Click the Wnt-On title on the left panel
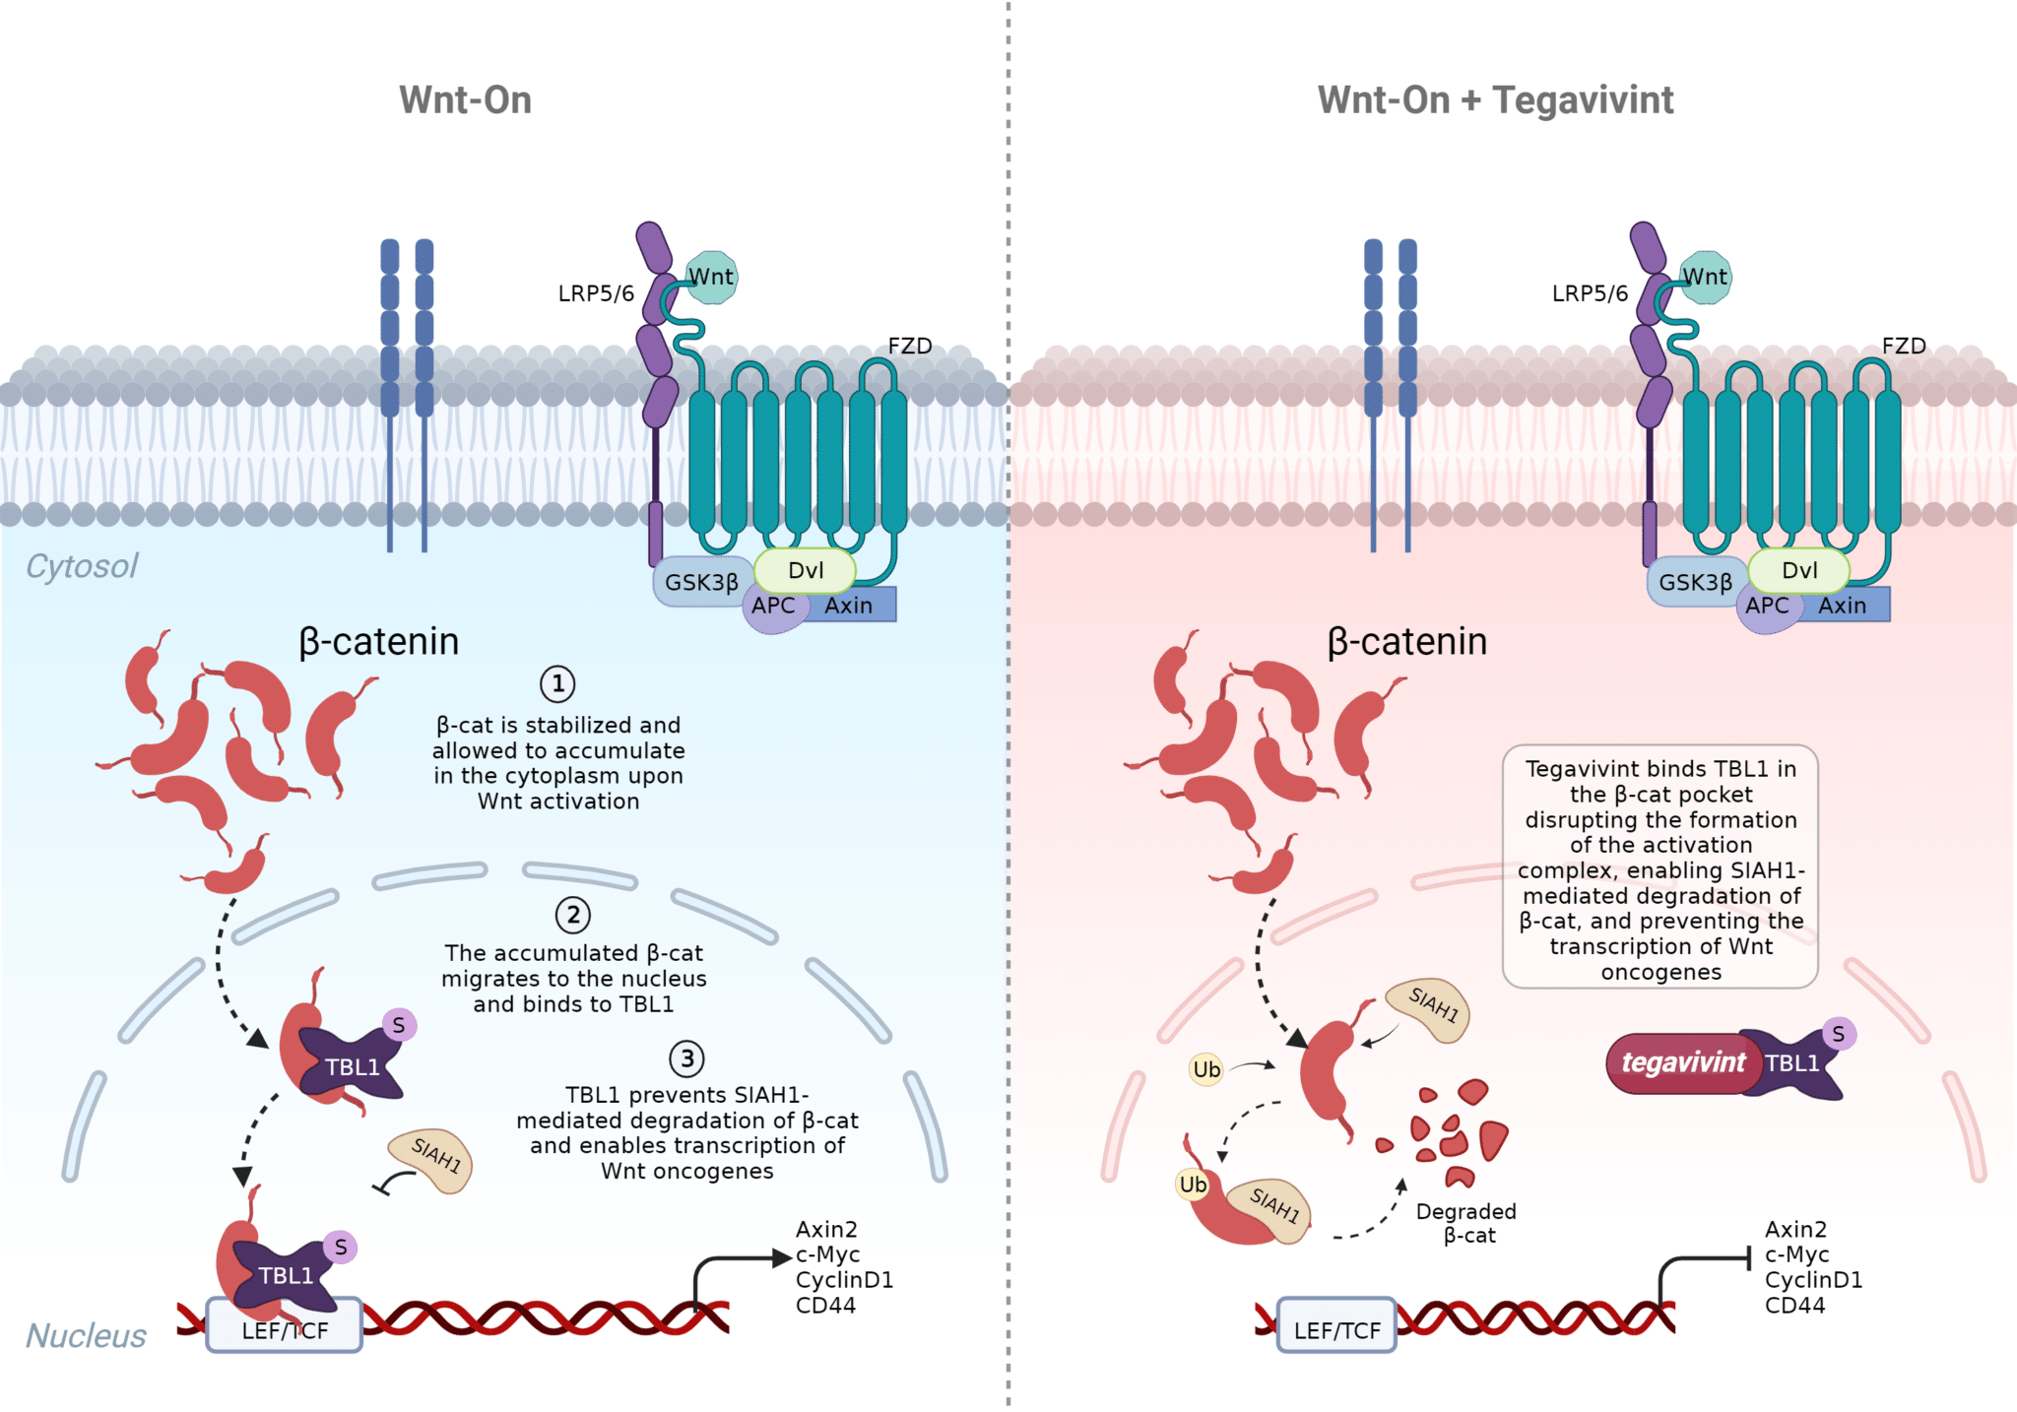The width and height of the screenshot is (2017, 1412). [465, 100]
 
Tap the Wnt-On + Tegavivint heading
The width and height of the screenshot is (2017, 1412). [1495, 100]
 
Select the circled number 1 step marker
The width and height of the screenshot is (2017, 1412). [557, 683]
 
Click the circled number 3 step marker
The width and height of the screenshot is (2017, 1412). [686, 1059]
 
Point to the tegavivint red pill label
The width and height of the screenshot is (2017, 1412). [1682, 1063]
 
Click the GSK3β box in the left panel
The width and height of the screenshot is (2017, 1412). [701, 583]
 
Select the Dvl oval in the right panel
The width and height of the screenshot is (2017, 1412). [1799, 570]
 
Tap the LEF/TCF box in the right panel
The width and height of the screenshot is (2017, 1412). [1336, 1329]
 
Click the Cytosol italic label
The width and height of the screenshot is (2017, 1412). [82, 566]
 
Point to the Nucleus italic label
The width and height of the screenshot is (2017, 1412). [86, 1335]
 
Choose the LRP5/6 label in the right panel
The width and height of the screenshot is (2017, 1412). [1590, 293]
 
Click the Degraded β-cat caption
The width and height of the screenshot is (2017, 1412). [1466, 1223]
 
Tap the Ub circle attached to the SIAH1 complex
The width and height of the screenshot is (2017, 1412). [1193, 1185]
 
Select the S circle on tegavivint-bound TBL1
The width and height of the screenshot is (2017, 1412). [1838, 1034]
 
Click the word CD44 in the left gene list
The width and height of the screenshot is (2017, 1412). [825, 1306]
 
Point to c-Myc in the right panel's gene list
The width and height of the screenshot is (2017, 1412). [1796, 1254]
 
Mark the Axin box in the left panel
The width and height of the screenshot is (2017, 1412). [849, 606]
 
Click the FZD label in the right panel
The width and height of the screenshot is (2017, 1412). [1903, 347]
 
